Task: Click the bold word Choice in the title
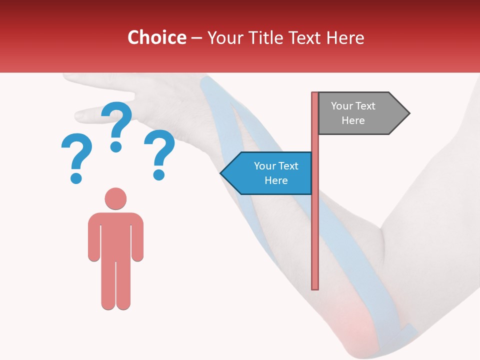pyautogui.click(x=156, y=37)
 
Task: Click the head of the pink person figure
pyautogui.click(x=115, y=198)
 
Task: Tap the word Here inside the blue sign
pyautogui.click(x=276, y=180)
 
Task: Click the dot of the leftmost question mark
pyautogui.click(x=76, y=177)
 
